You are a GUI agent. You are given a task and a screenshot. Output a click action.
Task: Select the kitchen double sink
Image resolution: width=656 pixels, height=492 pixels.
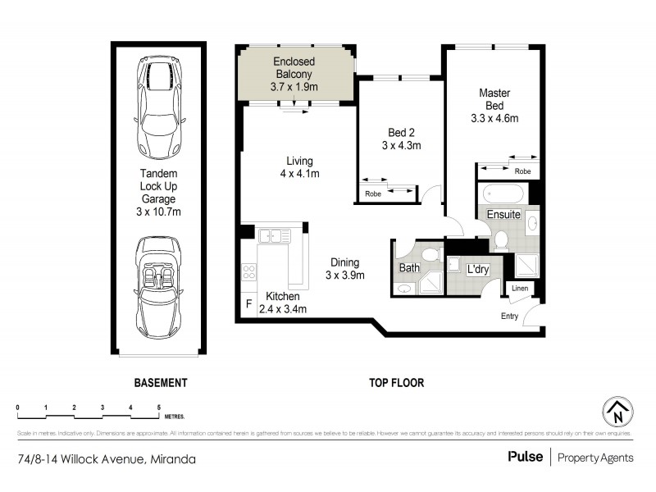275,235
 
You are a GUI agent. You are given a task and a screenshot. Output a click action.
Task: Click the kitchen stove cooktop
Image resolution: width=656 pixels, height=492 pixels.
248,272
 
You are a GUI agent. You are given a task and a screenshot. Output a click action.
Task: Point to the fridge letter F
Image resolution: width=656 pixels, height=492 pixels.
248,304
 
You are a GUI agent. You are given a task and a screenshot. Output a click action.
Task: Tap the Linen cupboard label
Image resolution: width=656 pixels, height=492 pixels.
520,288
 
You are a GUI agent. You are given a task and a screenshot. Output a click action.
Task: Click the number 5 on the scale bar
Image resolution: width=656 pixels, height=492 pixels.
158,408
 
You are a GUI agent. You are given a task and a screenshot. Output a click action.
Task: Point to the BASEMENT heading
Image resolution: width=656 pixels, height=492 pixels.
161,382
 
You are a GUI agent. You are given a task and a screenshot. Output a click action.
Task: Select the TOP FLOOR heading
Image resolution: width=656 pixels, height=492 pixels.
395,382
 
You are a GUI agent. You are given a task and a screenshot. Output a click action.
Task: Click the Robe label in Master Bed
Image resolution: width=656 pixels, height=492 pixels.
521,171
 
